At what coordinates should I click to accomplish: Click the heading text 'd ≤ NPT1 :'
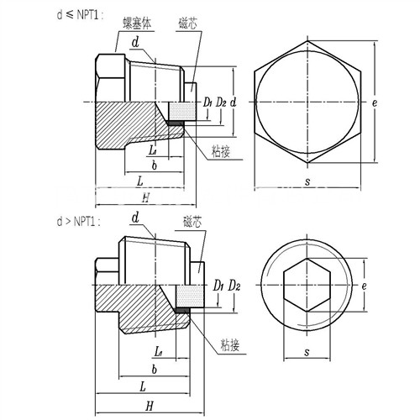coord(80,15)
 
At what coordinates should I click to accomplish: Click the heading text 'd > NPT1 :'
coord(78,222)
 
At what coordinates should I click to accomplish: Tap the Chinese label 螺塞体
coord(137,24)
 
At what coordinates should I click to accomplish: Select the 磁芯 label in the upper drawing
coord(187,24)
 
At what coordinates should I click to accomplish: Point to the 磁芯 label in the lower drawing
coord(192,222)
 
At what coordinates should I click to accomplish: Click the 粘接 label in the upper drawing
coord(221,152)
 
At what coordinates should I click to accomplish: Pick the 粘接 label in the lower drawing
coord(230,345)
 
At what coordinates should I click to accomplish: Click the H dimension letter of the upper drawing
coord(145,198)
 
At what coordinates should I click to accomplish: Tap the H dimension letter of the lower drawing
coord(150,406)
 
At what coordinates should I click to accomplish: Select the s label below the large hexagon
coord(307,181)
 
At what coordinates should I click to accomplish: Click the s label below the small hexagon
coord(307,352)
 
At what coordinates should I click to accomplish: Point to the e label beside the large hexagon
coord(375,103)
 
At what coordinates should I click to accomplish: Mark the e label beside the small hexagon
coord(364,286)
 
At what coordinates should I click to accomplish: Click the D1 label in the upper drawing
coord(207,102)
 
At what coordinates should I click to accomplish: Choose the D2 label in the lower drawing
coord(234,286)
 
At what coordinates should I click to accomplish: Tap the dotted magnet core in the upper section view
coord(182,112)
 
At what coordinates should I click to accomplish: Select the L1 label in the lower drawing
coord(159,352)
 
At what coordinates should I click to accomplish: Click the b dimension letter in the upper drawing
coord(155,165)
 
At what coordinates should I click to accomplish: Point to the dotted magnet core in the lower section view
coord(190,297)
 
